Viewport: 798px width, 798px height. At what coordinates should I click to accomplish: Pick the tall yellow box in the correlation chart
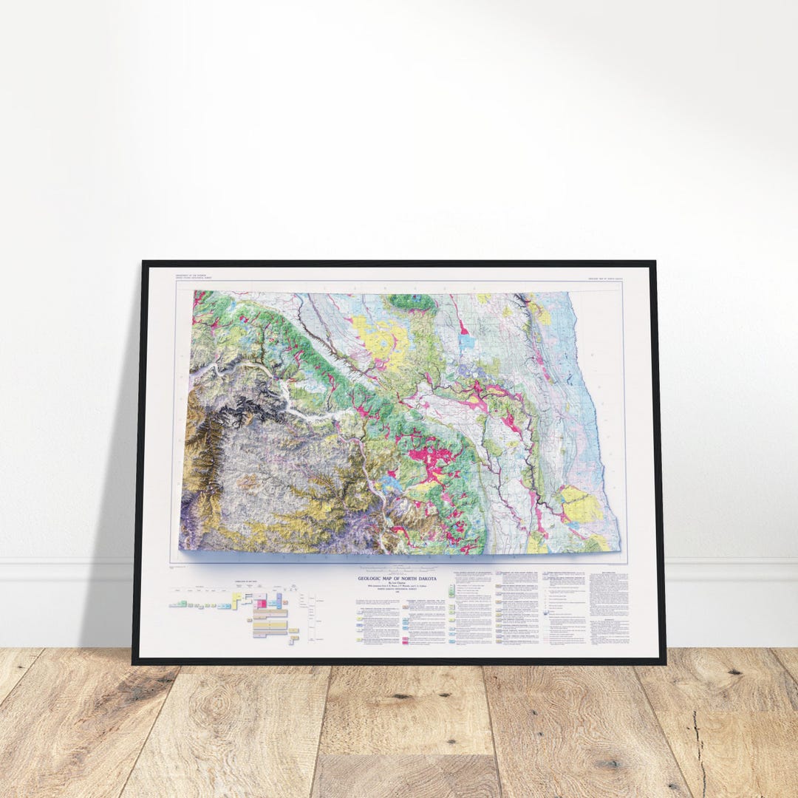pyautogui.click(x=237, y=601)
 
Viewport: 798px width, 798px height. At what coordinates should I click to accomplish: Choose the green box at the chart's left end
pyautogui.click(x=172, y=604)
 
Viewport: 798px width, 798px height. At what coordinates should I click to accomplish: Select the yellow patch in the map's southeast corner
pyautogui.click(x=582, y=504)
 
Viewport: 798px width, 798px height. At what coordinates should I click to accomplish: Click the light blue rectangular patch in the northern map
pyautogui.click(x=466, y=342)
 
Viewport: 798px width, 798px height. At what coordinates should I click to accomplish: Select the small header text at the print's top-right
pyautogui.click(x=605, y=278)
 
